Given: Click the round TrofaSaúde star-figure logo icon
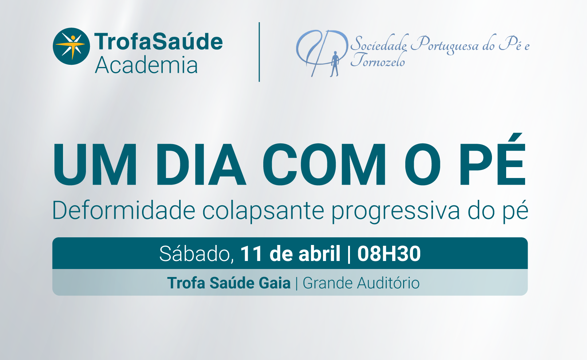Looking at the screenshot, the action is click(71, 46).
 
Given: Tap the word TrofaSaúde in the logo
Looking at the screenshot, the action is click(158, 41).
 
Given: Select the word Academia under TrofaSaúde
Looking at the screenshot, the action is click(146, 65).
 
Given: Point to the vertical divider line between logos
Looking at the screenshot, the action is click(259, 52).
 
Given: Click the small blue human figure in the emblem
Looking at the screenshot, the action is click(335, 64).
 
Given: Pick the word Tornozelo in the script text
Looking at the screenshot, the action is click(378, 59).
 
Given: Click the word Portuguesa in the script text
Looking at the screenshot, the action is click(449, 44).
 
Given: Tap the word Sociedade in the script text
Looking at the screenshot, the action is click(379, 43).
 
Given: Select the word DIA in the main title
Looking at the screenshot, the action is click(201, 164).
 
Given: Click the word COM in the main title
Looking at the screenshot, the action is click(324, 164).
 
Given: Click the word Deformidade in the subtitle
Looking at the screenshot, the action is click(124, 210).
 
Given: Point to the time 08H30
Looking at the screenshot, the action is click(389, 253).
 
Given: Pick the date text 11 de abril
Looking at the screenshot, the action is click(290, 253).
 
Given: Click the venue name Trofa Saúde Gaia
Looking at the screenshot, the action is click(229, 283).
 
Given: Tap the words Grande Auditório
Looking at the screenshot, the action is click(361, 283).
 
